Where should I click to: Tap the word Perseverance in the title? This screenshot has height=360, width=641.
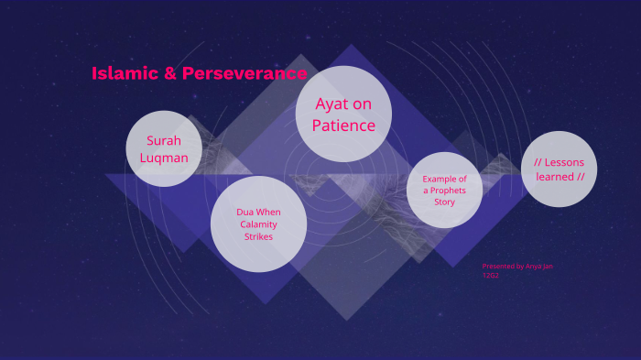(245, 73)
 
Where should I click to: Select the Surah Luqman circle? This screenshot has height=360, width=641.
(164, 148)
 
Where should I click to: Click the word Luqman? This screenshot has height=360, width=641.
(164, 158)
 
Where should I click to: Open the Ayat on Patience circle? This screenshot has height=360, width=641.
(343, 115)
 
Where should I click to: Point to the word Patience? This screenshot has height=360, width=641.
(343, 125)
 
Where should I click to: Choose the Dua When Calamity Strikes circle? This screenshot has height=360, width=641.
(258, 224)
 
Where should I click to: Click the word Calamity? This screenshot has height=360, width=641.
(258, 224)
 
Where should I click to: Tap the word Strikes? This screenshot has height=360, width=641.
(258, 236)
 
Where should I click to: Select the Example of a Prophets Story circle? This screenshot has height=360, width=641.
(444, 190)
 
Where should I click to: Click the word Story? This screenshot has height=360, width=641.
(445, 202)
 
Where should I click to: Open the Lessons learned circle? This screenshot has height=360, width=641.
(559, 169)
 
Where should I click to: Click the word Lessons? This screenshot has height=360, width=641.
(564, 163)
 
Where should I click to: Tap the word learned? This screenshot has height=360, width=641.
(555, 177)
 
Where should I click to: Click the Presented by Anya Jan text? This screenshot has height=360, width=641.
(517, 267)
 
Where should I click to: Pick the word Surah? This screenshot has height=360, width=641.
(164, 141)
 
